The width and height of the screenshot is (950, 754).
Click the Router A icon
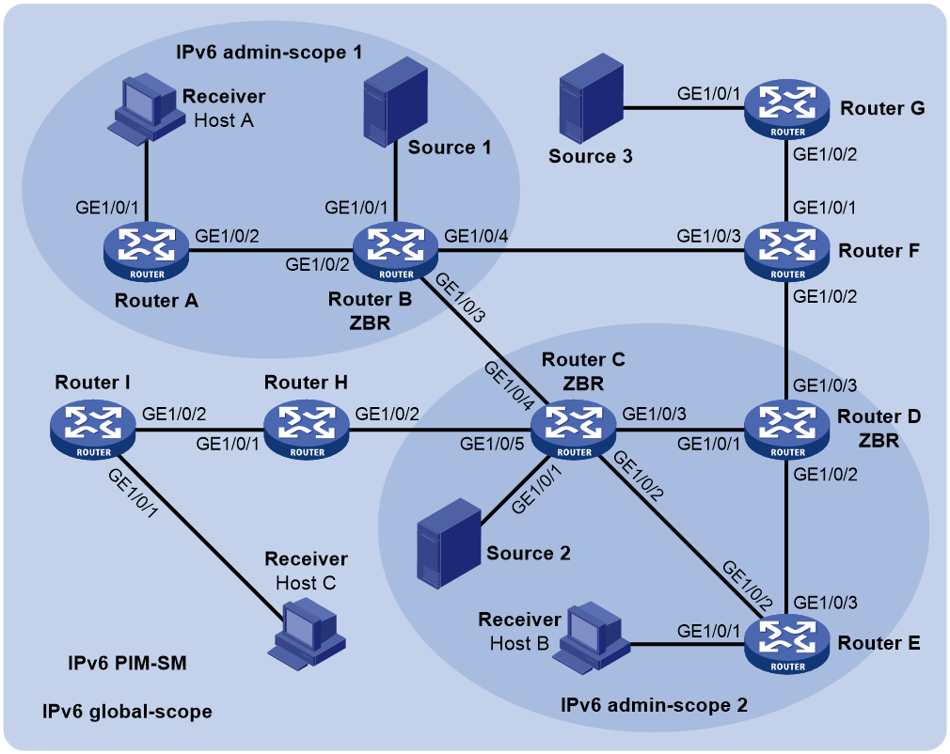pos(146,253)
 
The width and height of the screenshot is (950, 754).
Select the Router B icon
pos(396,253)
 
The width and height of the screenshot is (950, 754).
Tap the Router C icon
pos(573,432)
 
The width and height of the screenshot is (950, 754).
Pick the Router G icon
pos(787,111)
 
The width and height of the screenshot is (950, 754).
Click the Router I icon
pos(93,432)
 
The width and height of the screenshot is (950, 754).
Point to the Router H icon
pos(307,432)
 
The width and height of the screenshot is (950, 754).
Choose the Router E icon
pos(787,646)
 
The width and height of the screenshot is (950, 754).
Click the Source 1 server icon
pos(395,99)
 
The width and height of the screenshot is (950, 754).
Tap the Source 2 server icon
pos(449,543)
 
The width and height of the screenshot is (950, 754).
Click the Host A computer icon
pos(146,109)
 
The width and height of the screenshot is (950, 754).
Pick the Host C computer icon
pos(307,633)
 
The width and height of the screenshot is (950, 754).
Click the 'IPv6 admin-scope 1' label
pos(269,53)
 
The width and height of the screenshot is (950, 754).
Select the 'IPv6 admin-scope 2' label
pos(655,705)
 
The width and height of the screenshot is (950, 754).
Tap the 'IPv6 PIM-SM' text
pos(127,664)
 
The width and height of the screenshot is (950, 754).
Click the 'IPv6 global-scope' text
pos(127,712)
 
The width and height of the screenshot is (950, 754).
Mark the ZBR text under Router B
pos(371,323)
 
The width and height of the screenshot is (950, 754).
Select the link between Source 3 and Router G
pos(684,109)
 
